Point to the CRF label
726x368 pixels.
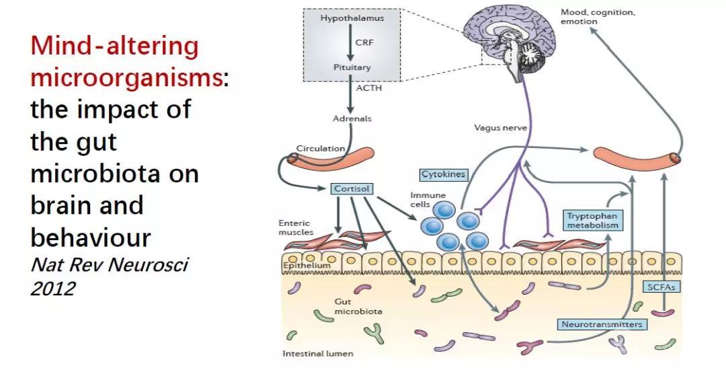click(x=364, y=42)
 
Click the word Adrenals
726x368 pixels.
click(x=352, y=119)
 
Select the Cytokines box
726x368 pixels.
click(x=443, y=174)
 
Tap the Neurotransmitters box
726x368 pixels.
click(x=601, y=325)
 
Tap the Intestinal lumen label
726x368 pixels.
click(x=318, y=353)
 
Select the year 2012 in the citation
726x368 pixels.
click(x=53, y=289)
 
